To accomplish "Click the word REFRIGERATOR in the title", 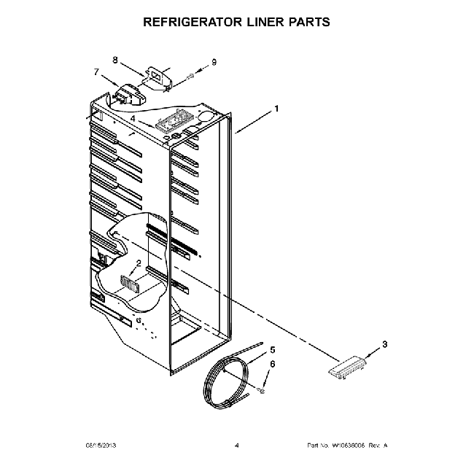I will click(x=195, y=22).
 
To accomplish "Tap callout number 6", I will click(x=273, y=363).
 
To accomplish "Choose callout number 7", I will click(x=96, y=71).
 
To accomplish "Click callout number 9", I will click(x=214, y=62).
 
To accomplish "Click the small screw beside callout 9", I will click(x=190, y=75).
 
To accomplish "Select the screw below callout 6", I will click(x=261, y=392).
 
